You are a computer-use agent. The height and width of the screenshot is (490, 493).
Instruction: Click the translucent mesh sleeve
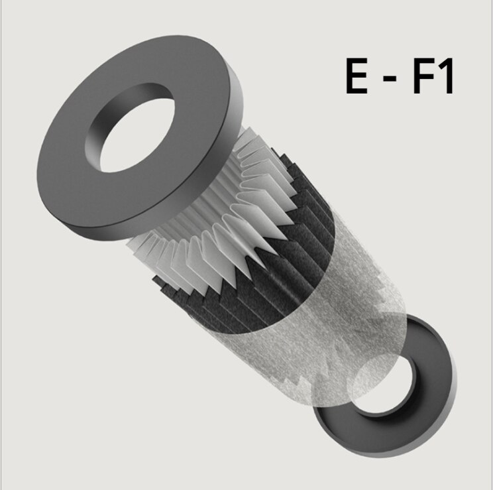(331, 312)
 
